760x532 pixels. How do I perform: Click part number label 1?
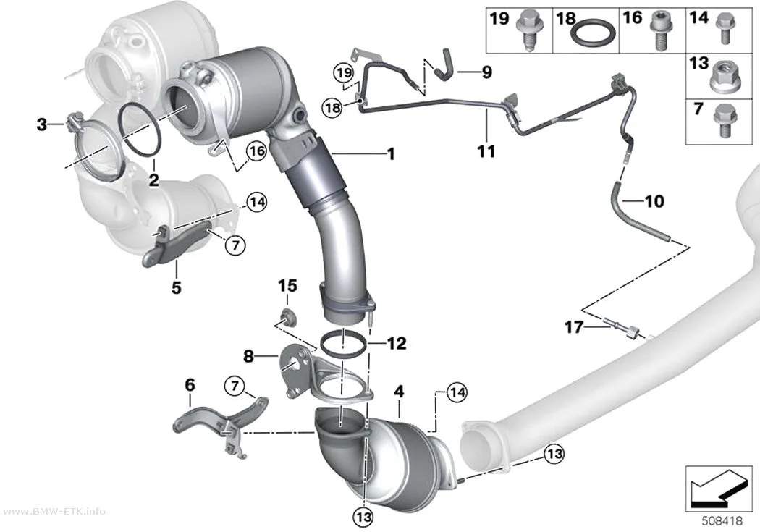coord(391,154)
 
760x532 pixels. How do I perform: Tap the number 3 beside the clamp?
coord(42,124)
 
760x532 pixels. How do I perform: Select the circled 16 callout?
coord(257,151)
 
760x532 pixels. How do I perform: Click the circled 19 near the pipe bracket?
coord(343,74)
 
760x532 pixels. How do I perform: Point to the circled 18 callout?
coord(332,107)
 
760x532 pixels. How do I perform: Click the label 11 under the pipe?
coord(486,151)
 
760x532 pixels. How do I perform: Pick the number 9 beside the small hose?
coord(486,72)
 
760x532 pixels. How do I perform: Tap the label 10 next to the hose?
coord(654,200)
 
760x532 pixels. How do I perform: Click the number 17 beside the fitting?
coord(574,328)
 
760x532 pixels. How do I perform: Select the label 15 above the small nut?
coord(287,286)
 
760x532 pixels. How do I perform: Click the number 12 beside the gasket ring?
coord(396,344)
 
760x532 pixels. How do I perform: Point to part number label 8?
coord(248,357)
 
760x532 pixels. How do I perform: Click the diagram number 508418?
coord(722,521)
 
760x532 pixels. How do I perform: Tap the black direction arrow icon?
coord(717,489)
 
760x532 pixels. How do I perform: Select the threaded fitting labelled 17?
coord(622,328)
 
